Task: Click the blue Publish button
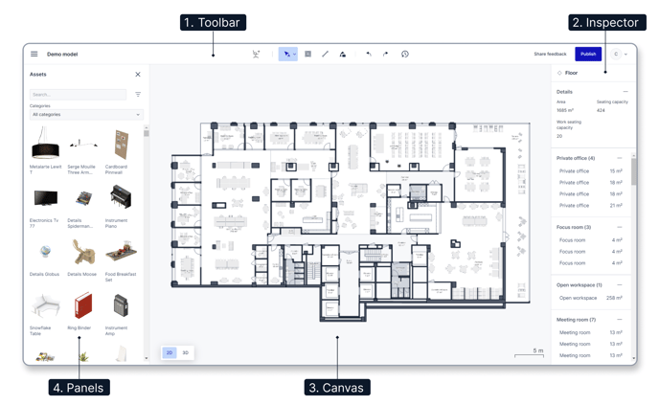588,54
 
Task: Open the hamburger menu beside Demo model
34,55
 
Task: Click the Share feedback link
550,55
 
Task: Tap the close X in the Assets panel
138,75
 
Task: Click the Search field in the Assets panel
78,95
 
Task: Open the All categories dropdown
85,115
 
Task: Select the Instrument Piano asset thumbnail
121,199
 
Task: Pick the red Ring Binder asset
83,306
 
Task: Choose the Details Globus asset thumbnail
45,253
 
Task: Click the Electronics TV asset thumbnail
45,199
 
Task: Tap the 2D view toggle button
170,352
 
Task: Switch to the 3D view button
185,352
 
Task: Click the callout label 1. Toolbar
214,22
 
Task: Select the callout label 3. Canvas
337,388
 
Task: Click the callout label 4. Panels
80,388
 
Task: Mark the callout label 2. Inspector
605,22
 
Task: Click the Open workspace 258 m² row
590,298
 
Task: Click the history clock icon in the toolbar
405,55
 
